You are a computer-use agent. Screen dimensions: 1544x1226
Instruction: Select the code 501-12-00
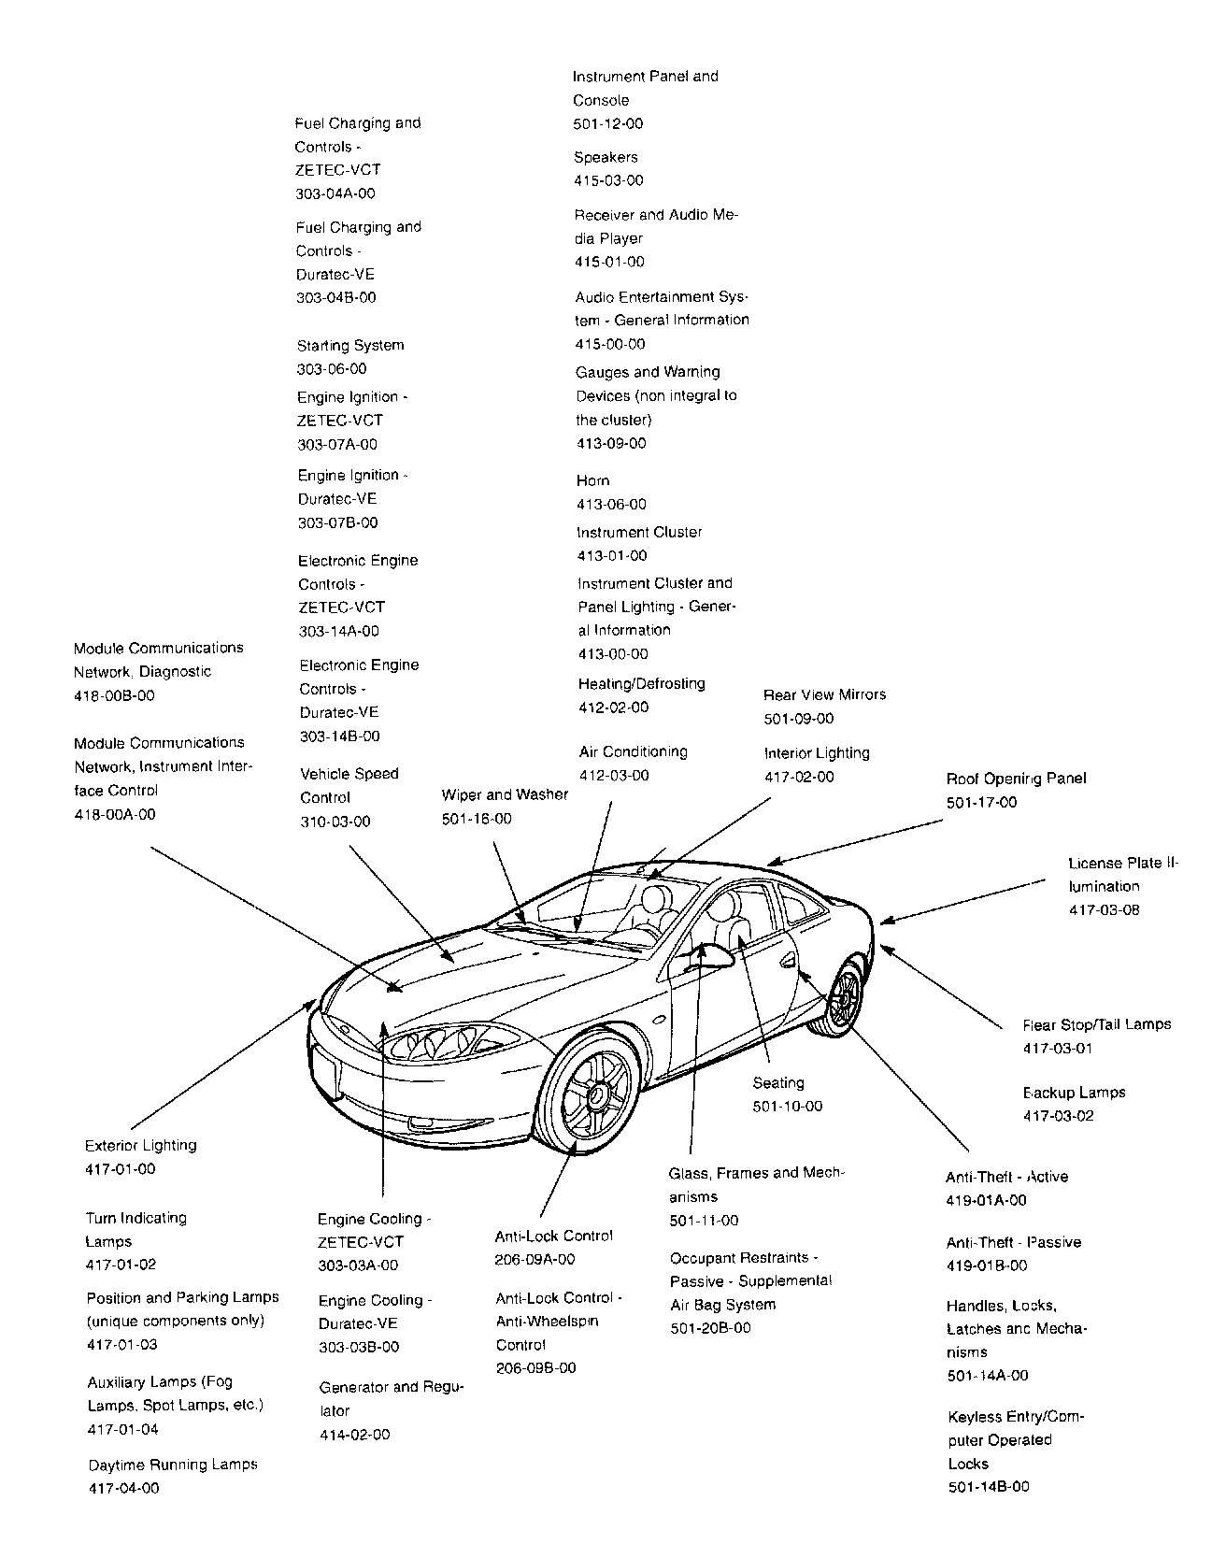[x=608, y=123]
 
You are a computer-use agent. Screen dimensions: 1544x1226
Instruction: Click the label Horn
[x=593, y=480]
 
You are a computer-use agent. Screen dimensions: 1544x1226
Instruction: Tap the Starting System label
[x=350, y=345]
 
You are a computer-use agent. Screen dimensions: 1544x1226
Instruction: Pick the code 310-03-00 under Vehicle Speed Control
[x=335, y=822]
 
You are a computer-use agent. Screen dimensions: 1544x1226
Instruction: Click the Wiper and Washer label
[x=505, y=794]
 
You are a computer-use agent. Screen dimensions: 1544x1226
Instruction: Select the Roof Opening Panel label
[x=1016, y=779]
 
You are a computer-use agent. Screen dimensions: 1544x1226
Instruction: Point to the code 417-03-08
[x=1105, y=909]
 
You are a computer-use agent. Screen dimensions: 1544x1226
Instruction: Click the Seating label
[x=778, y=1082]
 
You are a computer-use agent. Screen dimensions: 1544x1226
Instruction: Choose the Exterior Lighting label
[x=141, y=1145]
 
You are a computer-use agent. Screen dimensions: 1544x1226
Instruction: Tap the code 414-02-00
[x=355, y=1435]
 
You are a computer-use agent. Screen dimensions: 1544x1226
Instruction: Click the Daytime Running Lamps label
[x=173, y=1465]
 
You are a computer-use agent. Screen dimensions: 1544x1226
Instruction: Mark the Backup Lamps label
[x=1074, y=1093]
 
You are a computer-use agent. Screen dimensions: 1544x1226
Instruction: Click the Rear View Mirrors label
[x=824, y=694]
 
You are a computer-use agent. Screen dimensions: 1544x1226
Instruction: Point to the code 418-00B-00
[x=114, y=695]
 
